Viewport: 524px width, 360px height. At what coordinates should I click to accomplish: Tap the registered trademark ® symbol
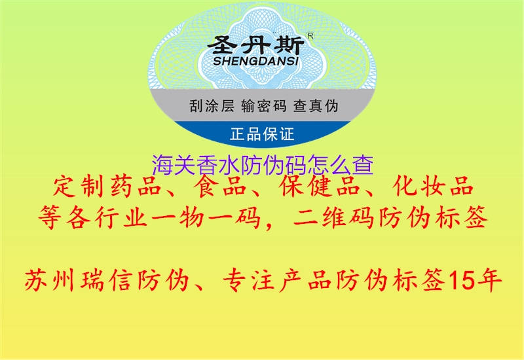(x=310, y=37)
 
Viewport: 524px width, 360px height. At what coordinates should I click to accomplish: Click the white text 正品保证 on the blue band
(x=262, y=135)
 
